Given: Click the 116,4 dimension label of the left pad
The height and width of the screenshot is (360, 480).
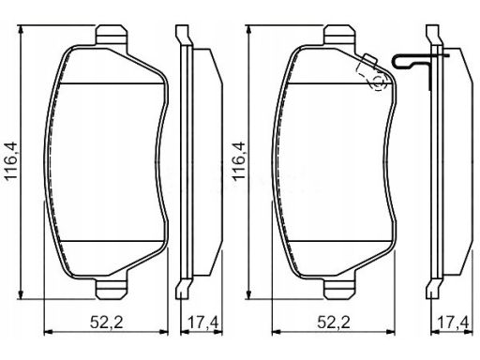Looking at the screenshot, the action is pyautogui.click(x=11, y=161).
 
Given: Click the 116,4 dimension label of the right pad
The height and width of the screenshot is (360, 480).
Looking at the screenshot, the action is pyautogui.click(x=239, y=161).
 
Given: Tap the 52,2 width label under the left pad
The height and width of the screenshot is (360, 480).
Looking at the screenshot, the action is pyautogui.click(x=106, y=322).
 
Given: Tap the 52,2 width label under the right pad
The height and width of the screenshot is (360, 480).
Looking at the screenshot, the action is pyautogui.click(x=334, y=322).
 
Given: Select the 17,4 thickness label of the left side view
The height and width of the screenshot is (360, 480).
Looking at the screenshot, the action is pyautogui.click(x=203, y=322).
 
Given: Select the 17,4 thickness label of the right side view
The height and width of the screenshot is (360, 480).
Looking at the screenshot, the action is pyautogui.click(x=454, y=322).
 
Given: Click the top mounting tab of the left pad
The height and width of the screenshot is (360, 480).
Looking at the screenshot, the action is pyautogui.click(x=112, y=36).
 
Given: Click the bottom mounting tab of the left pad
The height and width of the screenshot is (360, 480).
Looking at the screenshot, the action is pyautogui.click(x=112, y=289).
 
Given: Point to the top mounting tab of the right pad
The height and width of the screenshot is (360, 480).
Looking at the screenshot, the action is pyautogui.click(x=339, y=36).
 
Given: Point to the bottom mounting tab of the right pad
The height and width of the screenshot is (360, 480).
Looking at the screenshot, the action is pyautogui.click(x=339, y=289).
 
